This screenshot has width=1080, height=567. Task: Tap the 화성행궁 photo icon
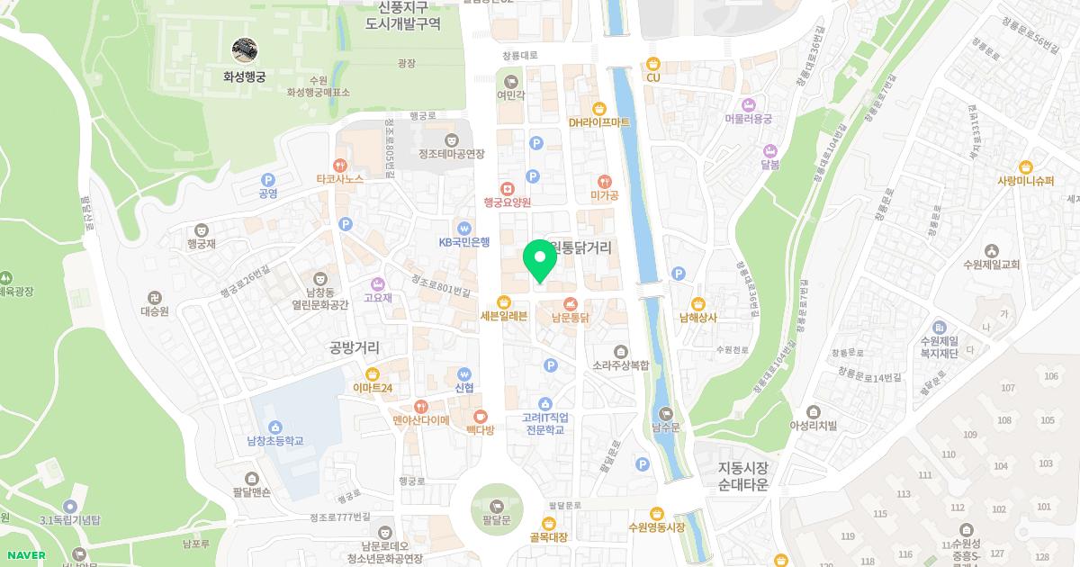[245, 50]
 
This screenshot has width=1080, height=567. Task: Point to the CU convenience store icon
[653, 64]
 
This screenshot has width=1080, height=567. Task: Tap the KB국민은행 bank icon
[464, 228]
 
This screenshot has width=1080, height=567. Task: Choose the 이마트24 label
[373, 388]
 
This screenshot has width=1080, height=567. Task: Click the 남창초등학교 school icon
[275, 427]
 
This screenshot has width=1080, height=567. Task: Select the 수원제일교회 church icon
[991, 250]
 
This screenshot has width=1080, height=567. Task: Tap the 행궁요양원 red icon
[508, 188]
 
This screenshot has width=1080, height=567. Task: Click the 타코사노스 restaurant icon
[339, 166]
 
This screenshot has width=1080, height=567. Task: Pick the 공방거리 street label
[355, 347]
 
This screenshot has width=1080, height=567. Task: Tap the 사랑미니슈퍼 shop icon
[1025, 166]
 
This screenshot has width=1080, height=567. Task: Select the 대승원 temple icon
[155, 297]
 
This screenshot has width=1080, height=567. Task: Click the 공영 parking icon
[267, 179]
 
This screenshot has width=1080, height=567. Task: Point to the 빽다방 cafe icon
[481, 417]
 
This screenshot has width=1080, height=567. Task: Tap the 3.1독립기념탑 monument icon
[70, 506]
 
